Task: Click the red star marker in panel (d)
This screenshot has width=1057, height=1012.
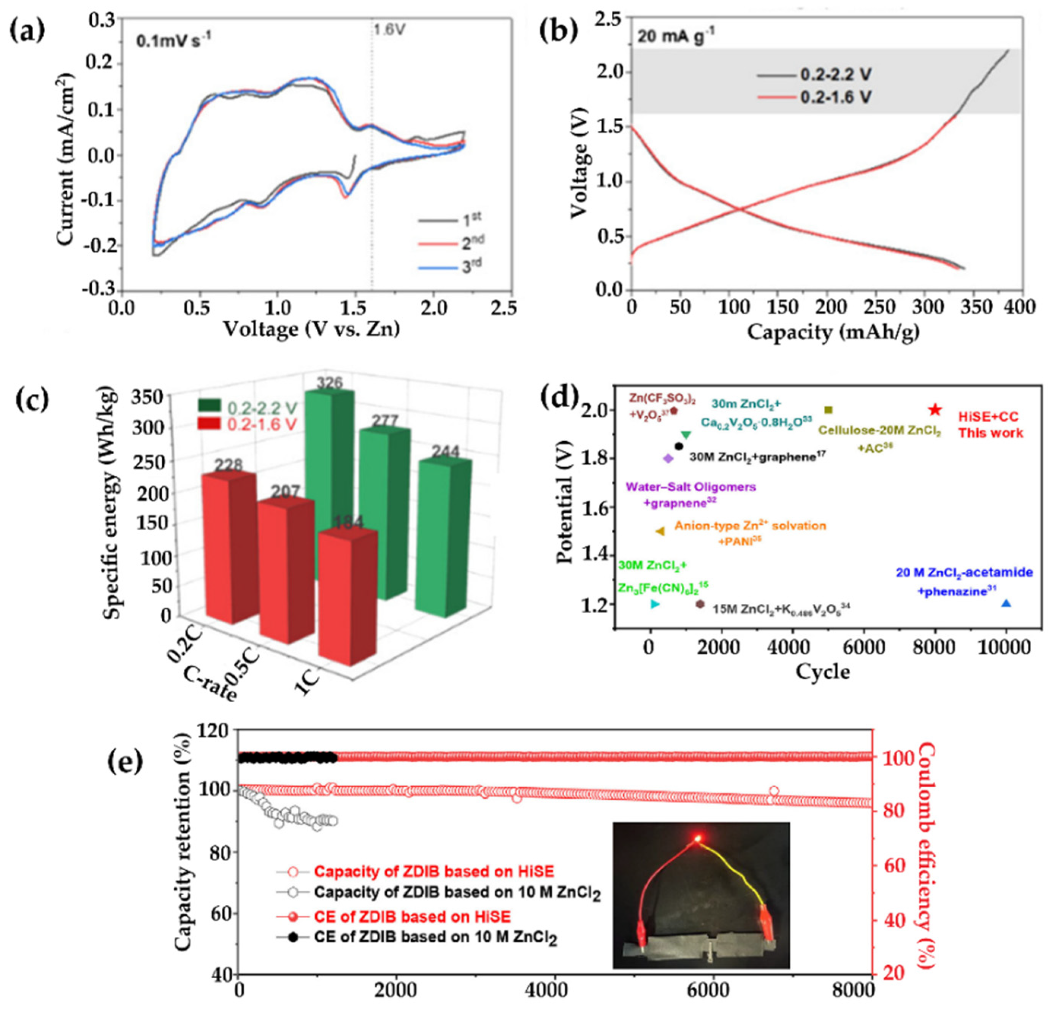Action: pos(935,410)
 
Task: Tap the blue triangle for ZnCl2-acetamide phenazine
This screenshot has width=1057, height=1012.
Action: pos(1006,603)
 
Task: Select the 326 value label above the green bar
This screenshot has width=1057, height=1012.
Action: pos(330,383)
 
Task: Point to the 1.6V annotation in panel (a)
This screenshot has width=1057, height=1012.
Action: pos(388,30)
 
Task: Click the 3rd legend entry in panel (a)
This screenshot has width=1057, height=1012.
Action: pos(450,268)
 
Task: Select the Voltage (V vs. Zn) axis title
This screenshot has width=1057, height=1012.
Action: pos(312,329)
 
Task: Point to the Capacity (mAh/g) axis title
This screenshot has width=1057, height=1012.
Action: pos(833,333)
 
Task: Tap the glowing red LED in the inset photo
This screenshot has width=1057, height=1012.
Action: pos(698,838)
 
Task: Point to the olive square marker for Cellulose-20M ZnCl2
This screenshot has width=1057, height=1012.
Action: pos(829,410)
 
